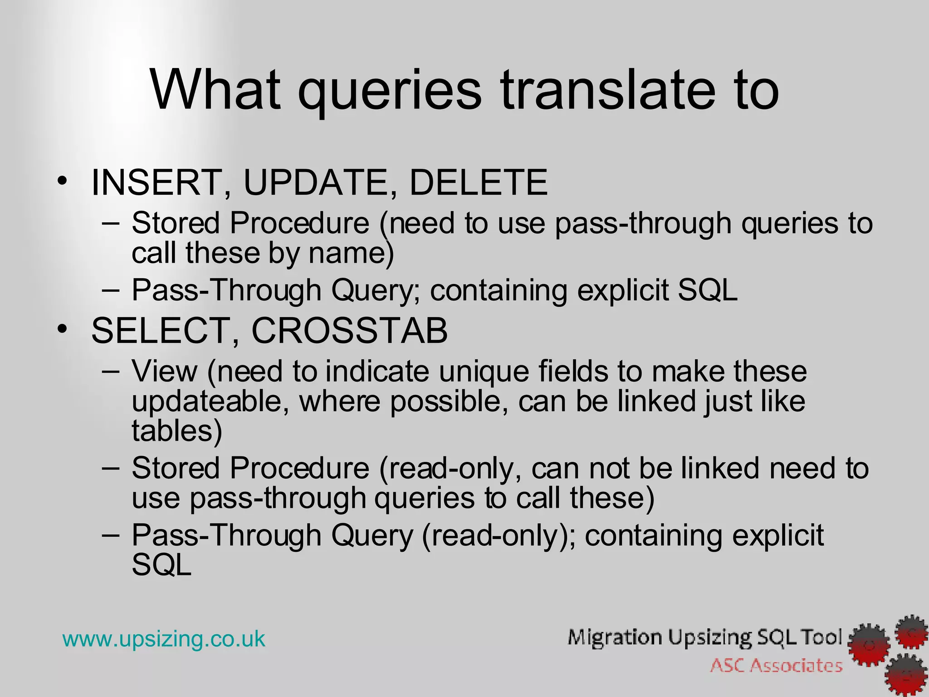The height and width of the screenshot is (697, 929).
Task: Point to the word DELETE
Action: point(479,183)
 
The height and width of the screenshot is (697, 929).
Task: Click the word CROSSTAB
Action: point(349,330)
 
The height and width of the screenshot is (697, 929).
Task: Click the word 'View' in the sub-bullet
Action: point(164,371)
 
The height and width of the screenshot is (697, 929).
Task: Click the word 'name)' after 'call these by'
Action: point(352,253)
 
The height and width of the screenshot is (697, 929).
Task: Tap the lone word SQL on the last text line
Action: point(161,565)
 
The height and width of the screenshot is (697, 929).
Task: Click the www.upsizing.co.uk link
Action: point(163,639)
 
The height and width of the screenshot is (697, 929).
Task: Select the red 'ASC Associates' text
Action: point(776,666)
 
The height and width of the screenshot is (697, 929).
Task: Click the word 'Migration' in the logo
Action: point(615,638)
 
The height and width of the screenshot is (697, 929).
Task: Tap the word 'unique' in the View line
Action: point(484,371)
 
